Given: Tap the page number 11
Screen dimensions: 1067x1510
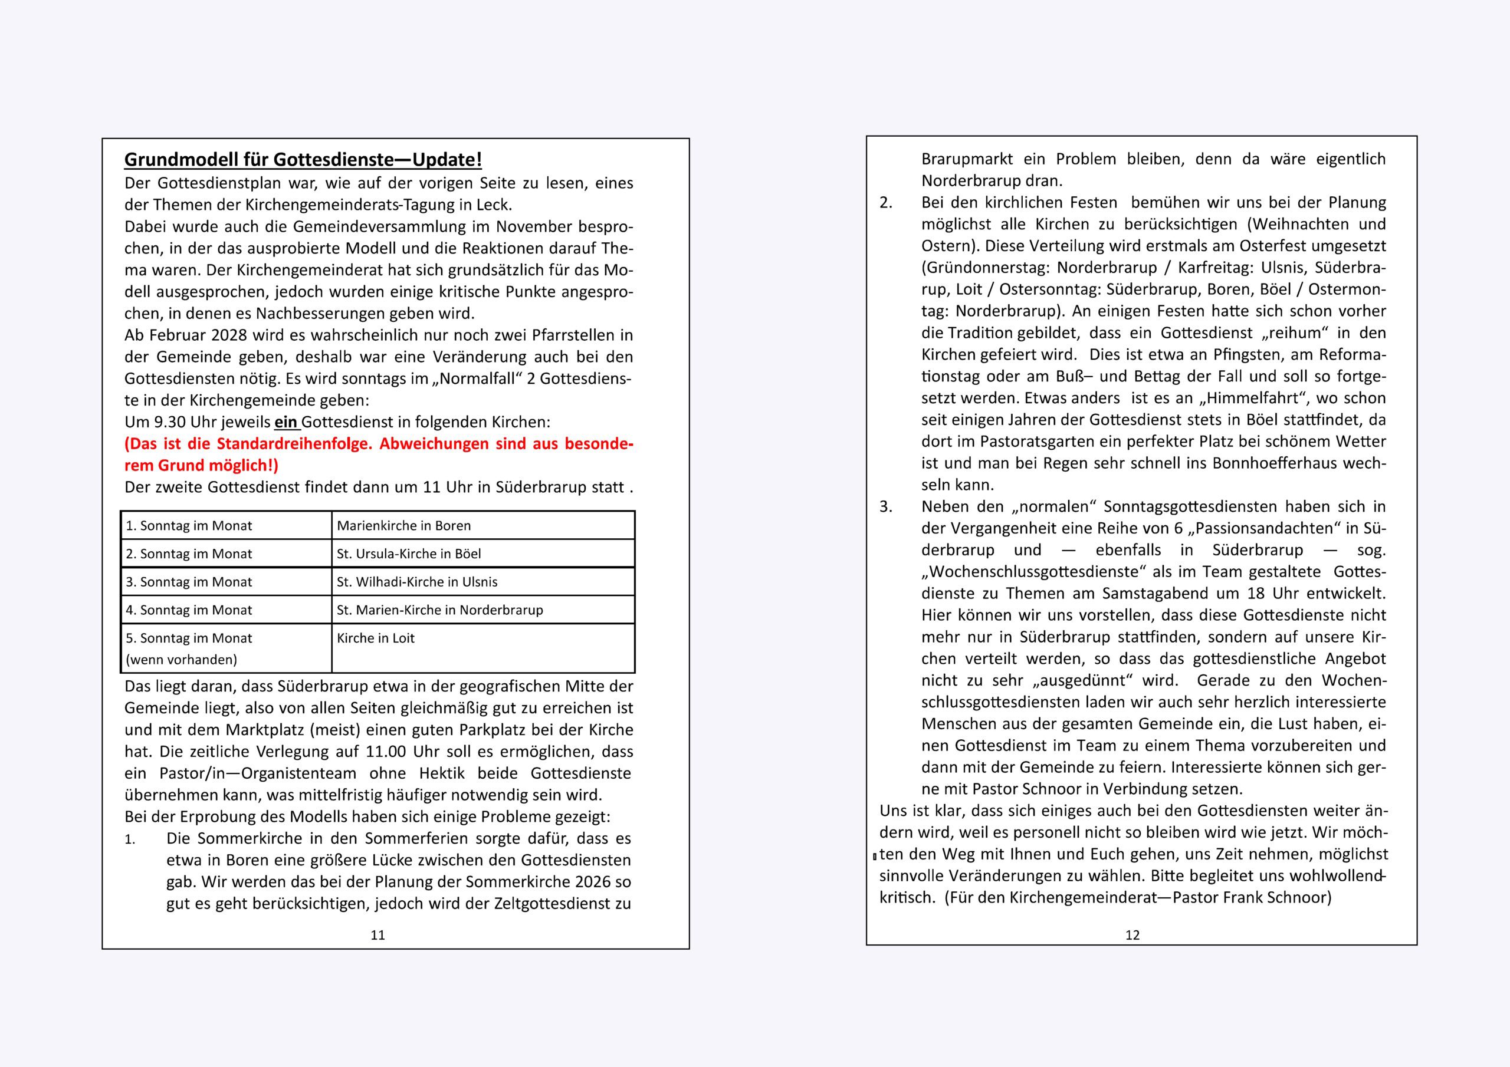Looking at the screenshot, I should pyautogui.click(x=377, y=935).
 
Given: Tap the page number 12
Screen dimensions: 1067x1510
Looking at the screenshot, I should pyautogui.click(x=1132, y=935).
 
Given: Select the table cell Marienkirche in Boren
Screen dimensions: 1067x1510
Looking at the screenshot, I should pyautogui.click(x=404, y=526).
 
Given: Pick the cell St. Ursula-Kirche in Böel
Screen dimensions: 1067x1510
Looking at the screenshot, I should pyautogui.click(x=408, y=554).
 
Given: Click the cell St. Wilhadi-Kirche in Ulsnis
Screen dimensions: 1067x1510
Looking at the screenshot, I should pyautogui.click(x=417, y=582).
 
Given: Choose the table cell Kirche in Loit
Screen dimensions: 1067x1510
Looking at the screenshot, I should pyautogui.click(x=376, y=638).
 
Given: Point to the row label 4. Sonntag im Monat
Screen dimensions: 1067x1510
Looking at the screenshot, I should pyautogui.click(x=189, y=610).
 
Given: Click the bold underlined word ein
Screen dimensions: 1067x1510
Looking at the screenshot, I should pyautogui.click(x=285, y=422).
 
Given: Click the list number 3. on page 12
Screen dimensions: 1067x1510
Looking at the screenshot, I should pyautogui.click(x=886, y=507).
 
